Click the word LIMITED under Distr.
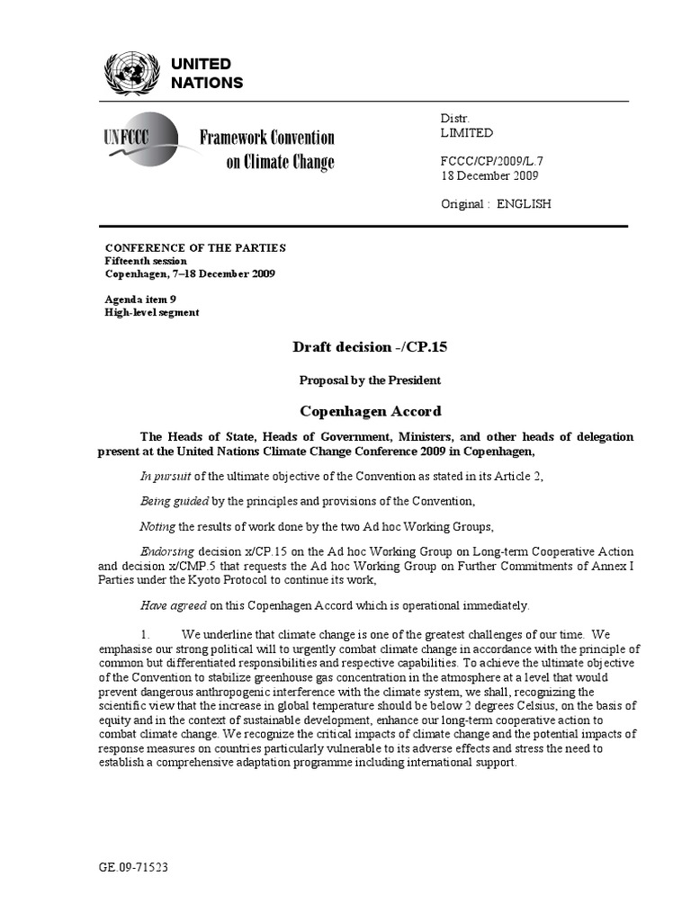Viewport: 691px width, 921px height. coord(467,132)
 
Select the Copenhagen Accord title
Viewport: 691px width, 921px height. coord(370,411)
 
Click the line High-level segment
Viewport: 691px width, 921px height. coord(152,313)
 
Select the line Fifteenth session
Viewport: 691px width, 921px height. coord(147,261)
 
